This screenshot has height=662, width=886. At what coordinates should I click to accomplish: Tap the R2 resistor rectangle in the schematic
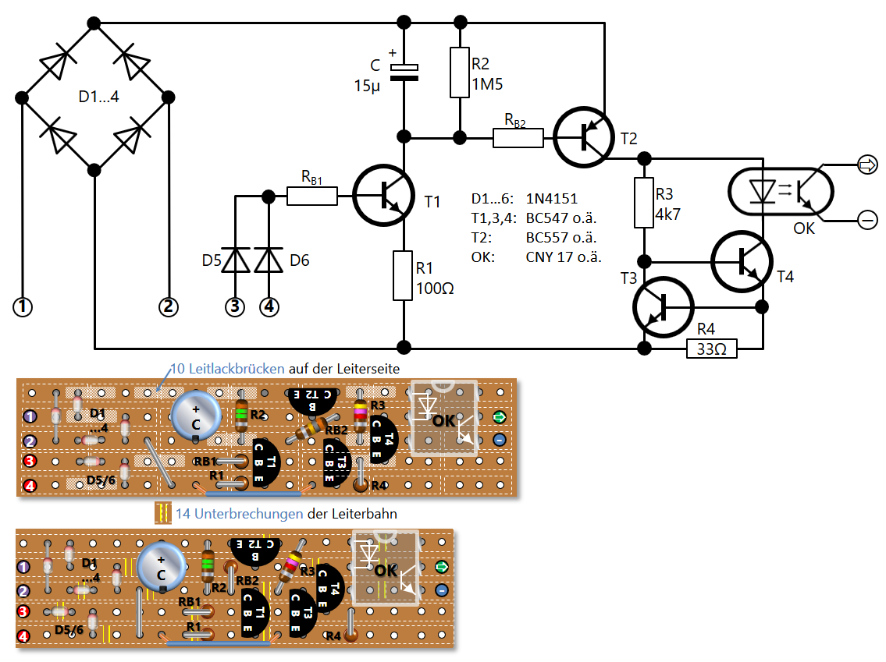coord(460,73)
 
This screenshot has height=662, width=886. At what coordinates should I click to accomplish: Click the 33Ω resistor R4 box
coord(712,349)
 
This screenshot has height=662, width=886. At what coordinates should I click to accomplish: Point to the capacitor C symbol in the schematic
coord(404,72)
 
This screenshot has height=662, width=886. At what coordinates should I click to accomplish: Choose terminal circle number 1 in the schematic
coord(23,307)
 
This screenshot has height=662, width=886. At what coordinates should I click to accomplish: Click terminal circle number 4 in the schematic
coord(269,307)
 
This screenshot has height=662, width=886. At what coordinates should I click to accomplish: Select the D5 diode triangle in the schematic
coord(235,260)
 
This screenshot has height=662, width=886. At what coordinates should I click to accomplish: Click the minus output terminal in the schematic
coord(868,220)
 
